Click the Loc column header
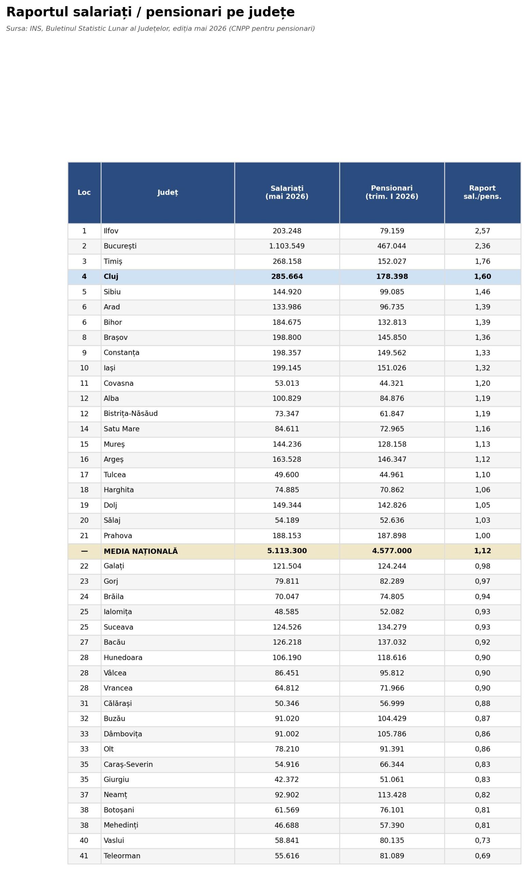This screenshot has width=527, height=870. (84, 192)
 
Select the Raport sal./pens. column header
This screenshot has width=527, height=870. (482, 192)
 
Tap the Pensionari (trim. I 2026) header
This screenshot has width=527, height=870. (391, 192)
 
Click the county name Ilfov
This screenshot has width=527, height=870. (111, 231)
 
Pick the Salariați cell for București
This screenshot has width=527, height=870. (287, 246)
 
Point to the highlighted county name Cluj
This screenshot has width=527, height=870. (111, 277)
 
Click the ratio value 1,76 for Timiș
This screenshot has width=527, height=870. (482, 262)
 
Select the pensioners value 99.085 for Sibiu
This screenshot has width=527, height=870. (391, 292)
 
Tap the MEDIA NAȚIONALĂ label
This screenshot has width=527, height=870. (140, 551)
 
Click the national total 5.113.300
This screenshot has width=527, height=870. (287, 551)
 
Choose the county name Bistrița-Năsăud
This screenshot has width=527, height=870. (130, 414)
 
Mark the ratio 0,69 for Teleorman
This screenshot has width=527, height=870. (482, 856)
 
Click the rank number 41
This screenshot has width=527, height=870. (84, 856)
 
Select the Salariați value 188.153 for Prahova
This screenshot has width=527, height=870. (287, 536)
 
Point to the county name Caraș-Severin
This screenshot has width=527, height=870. (128, 764)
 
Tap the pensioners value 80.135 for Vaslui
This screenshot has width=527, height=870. (391, 841)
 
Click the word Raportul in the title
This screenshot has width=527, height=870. (37, 12)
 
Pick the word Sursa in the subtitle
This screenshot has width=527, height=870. (16, 29)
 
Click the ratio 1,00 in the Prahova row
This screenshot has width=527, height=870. (482, 536)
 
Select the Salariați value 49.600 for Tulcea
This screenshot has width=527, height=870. (287, 475)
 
